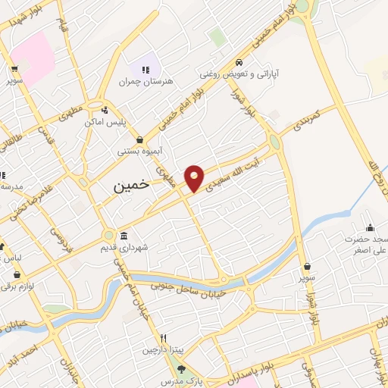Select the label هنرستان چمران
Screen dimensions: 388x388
pyautogui.click(x=147, y=80)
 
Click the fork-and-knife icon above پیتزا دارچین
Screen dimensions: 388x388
pyautogui.click(x=162, y=338)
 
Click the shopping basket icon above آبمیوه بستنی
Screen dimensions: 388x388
pyautogui.click(x=141, y=139)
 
